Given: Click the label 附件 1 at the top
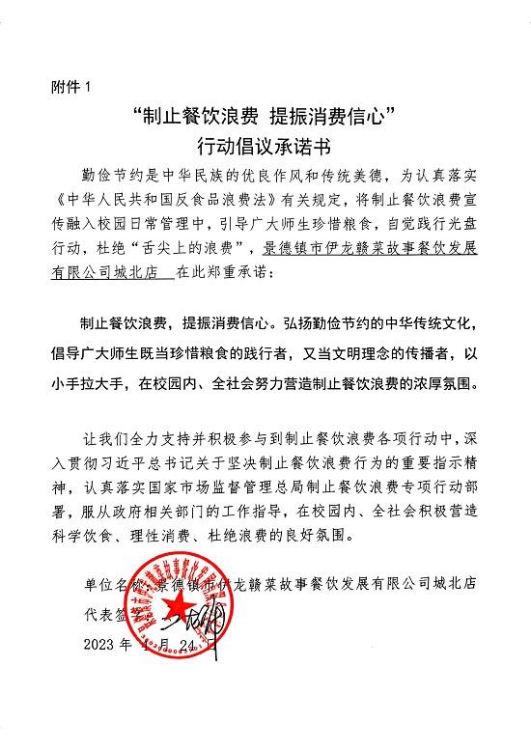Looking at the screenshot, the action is pos(70,86).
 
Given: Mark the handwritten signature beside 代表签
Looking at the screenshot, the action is pos(193,615).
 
